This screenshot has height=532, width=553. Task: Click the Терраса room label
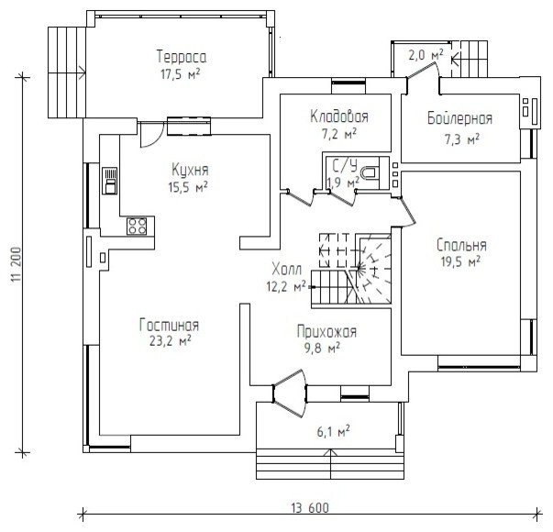pyautogui.click(x=182, y=57)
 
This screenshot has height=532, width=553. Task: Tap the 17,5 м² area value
pyautogui.click(x=181, y=74)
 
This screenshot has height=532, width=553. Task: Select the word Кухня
pyautogui.click(x=190, y=170)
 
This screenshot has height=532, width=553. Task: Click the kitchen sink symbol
pyautogui.click(x=110, y=181)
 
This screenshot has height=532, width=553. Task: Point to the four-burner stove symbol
pyautogui.click(x=137, y=227)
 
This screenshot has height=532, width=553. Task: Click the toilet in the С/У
pyautogui.click(x=370, y=172)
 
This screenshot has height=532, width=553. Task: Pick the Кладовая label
pyautogui.click(x=339, y=116)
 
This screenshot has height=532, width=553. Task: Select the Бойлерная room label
pyautogui.click(x=459, y=118)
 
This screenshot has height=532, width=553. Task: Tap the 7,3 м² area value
pyautogui.click(x=462, y=139)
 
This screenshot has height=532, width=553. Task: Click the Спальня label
pyautogui.click(x=461, y=245)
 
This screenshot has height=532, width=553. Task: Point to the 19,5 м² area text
pyautogui.click(x=460, y=261)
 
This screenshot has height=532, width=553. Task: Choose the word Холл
pyautogui.click(x=287, y=270)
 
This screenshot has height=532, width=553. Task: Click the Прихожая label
pyautogui.click(x=326, y=332)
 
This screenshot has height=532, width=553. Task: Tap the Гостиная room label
pyautogui.click(x=170, y=325)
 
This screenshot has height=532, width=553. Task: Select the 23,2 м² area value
pyautogui.click(x=171, y=341)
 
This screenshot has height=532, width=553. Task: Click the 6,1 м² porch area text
pyautogui.click(x=333, y=431)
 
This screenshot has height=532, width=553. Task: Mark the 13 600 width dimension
pyautogui.click(x=310, y=508)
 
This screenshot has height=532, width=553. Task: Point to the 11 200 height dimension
pyautogui.click(x=17, y=264)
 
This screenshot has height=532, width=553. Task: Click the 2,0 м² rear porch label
pyautogui.click(x=426, y=55)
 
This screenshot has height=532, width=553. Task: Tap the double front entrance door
pyautogui.click(x=290, y=393)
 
